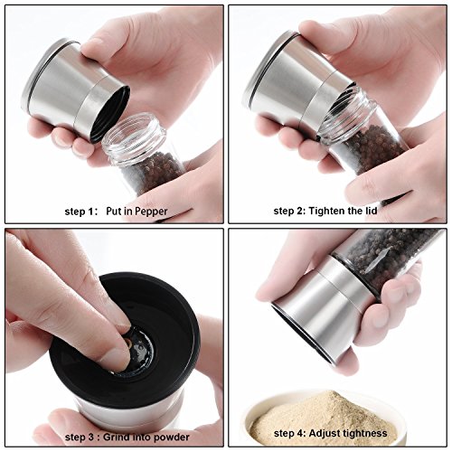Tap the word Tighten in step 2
[326, 211]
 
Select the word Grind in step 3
[116, 437]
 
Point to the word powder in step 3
[172, 438]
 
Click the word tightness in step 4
[363, 433]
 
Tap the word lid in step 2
[371, 211]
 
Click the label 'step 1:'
[81, 212]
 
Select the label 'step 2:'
[289, 211]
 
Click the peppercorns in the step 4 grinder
[389, 256]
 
